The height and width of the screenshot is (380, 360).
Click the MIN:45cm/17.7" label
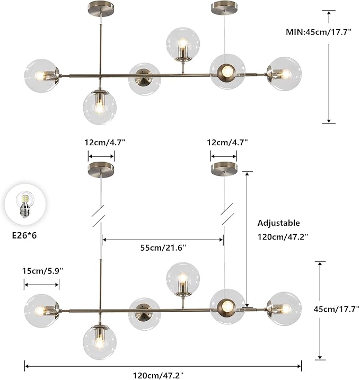pos(321,32)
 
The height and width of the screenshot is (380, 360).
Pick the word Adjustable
pos(278,223)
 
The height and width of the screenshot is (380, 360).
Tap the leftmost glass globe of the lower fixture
pos(41,310)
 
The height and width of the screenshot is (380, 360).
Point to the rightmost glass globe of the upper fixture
pos(284,74)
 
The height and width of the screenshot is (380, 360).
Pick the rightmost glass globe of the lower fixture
pos(284,308)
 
